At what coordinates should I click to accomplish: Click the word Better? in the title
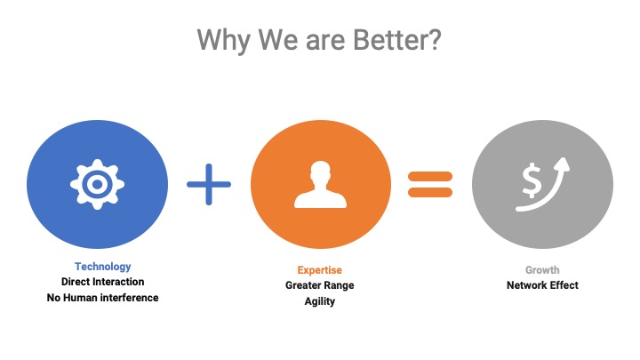point(396,40)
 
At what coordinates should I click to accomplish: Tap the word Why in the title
point(223,41)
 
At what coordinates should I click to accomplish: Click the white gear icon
point(97,185)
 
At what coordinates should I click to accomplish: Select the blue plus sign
point(209,185)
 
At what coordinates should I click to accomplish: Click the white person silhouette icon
point(320,185)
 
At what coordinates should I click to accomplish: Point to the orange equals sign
point(430,185)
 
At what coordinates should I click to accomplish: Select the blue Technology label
point(103,267)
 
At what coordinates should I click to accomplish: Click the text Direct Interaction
point(103,282)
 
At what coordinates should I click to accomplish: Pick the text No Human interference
point(103,298)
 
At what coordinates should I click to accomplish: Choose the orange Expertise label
point(320,270)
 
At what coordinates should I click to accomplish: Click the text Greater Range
point(320,285)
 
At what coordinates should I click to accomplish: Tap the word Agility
point(320,301)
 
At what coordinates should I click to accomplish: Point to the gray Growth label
point(542,270)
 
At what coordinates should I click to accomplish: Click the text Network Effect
point(542,285)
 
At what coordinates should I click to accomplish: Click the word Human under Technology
point(80,298)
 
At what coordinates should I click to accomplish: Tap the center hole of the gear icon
point(97,185)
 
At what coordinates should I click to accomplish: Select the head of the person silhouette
point(320,172)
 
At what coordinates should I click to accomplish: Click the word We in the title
point(277,40)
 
